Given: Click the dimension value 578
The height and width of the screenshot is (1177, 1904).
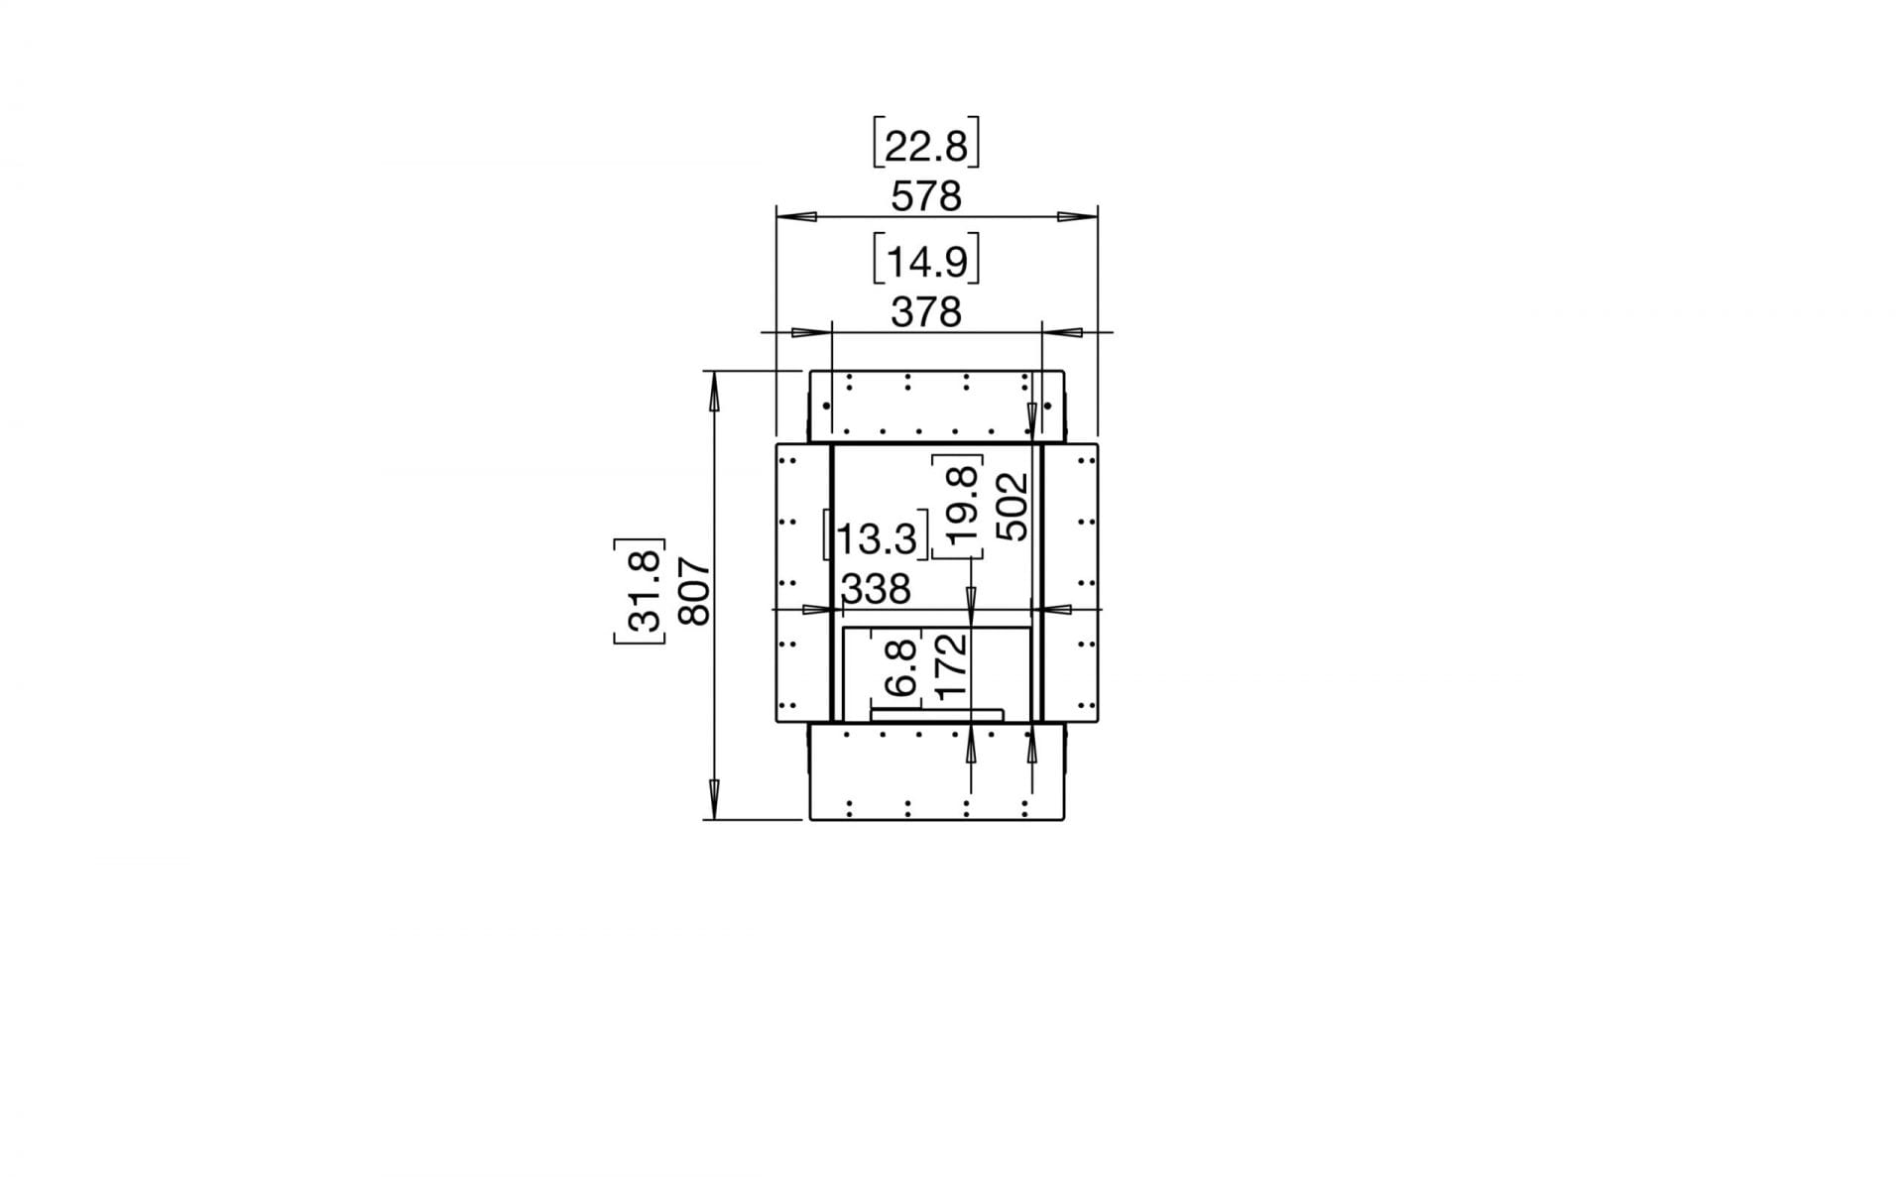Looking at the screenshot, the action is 926,197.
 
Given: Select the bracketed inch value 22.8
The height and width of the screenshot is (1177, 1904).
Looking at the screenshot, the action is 926,147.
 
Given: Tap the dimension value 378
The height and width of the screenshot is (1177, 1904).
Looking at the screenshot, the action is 926,313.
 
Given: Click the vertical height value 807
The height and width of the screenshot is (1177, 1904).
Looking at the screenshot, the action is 694,592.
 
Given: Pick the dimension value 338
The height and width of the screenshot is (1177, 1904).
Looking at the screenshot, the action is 877,589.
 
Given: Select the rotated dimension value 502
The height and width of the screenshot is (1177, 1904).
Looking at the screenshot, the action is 1013,506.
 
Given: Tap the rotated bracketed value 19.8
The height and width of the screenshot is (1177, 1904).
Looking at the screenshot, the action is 960,506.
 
